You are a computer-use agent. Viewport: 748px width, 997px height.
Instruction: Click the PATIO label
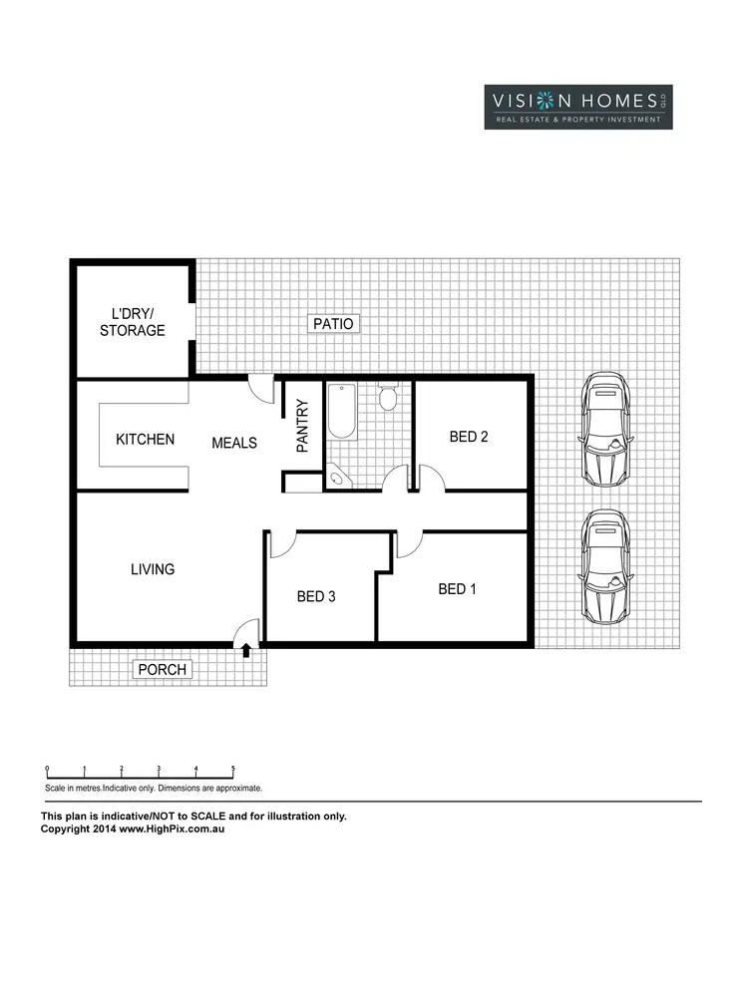pos(333,324)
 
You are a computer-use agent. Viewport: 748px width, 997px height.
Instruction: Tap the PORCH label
pos(162,669)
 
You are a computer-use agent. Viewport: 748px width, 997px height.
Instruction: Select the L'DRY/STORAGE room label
pos(132,322)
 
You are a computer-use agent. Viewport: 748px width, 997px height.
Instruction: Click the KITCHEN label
pos(146,439)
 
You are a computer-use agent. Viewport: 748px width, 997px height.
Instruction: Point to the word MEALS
pos(234,443)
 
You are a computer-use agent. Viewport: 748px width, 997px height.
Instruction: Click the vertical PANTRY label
pos(303,427)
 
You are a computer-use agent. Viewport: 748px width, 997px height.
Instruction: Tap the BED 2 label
pos(468,437)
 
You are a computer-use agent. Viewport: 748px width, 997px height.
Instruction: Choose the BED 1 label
pos(457,589)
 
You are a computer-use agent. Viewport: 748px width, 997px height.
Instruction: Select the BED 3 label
pos(316,596)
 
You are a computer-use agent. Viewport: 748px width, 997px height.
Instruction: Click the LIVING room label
pos(153,569)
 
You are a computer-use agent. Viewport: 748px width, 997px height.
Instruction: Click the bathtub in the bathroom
pos(340,414)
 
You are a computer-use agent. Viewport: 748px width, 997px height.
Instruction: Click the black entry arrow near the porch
pos(246,650)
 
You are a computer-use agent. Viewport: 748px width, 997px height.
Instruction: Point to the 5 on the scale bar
pos(233,769)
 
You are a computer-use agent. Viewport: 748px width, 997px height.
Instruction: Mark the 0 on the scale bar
pos(47,769)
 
